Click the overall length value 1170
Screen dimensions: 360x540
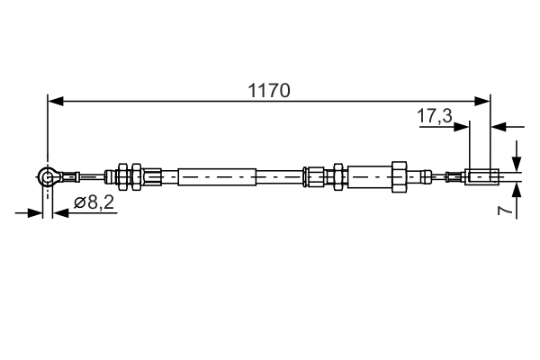tap(268, 90)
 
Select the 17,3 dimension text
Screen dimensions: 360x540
tap(435, 115)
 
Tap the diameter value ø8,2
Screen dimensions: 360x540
tap(94, 203)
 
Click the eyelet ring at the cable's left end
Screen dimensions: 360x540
tap(48, 177)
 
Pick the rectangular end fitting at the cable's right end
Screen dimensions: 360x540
tap(481, 176)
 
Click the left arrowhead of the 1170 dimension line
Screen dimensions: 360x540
tap(54, 102)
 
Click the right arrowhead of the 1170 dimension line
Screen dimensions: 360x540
tap(484, 102)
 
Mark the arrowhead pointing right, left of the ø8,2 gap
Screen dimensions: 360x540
tap(36, 213)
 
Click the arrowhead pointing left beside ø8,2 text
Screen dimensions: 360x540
tap(59, 213)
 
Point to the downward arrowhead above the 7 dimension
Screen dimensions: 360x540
tap(517, 164)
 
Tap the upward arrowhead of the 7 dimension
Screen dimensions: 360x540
tap(517, 189)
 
